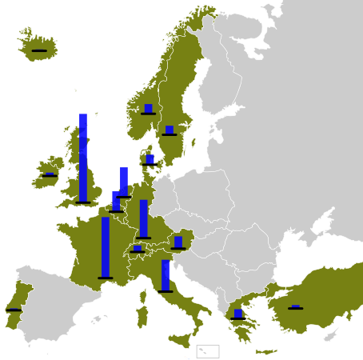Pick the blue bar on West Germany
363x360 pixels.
click(x=144, y=218)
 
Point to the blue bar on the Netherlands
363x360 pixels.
click(x=124, y=181)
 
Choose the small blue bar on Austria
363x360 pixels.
click(x=178, y=242)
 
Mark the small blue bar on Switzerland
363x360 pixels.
click(x=138, y=248)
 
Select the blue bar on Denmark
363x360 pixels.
click(x=150, y=159)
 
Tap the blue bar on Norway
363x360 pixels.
click(x=148, y=109)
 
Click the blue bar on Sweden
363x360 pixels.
click(x=170, y=130)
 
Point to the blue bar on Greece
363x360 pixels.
click(x=238, y=313)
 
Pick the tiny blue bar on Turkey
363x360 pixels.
click(x=296, y=306)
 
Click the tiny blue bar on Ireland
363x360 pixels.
click(x=50, y=173)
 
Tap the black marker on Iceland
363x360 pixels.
click(x=38, y=50)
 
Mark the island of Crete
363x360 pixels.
click(x=266, y=350)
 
